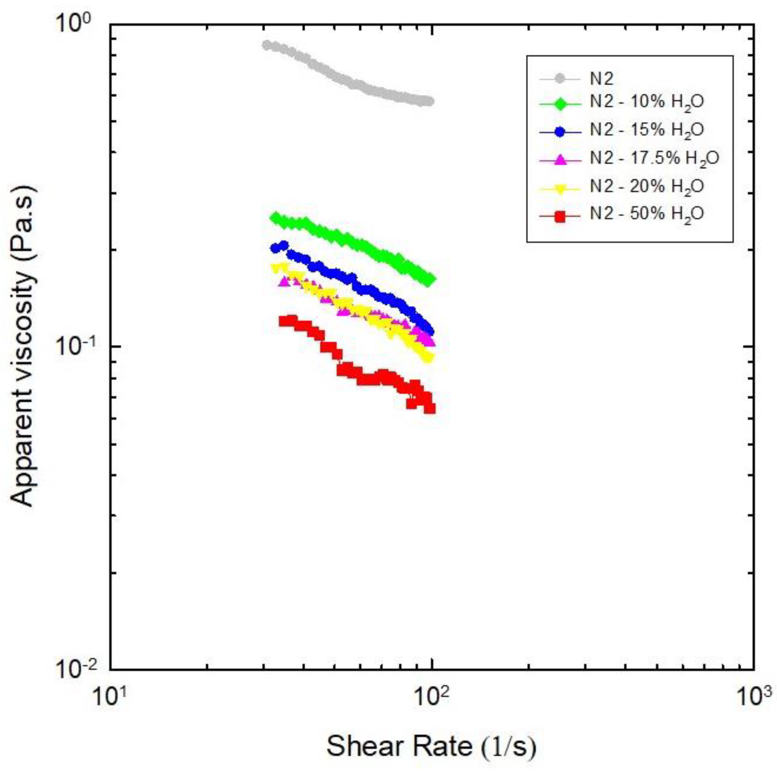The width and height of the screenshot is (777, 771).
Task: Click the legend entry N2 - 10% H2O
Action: point(647,102)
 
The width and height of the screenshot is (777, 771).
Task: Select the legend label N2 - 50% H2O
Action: point(647,214)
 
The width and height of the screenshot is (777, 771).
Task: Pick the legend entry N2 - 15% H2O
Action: point(647,130)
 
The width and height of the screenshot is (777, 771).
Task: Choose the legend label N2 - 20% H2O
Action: point(647,186)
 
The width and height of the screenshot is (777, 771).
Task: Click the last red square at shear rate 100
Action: point(430,408)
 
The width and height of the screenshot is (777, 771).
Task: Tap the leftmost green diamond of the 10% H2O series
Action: point(275,218)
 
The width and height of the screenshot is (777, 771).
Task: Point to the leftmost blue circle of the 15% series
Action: point(275,248)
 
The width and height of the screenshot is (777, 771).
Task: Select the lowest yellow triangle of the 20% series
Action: point(429,358)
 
